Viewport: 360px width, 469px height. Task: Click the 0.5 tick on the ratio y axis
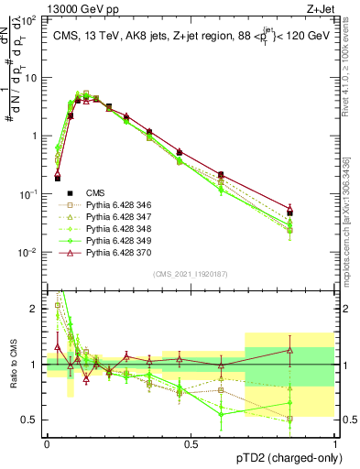[34, 420]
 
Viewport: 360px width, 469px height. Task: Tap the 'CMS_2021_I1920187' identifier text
[191, 273]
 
